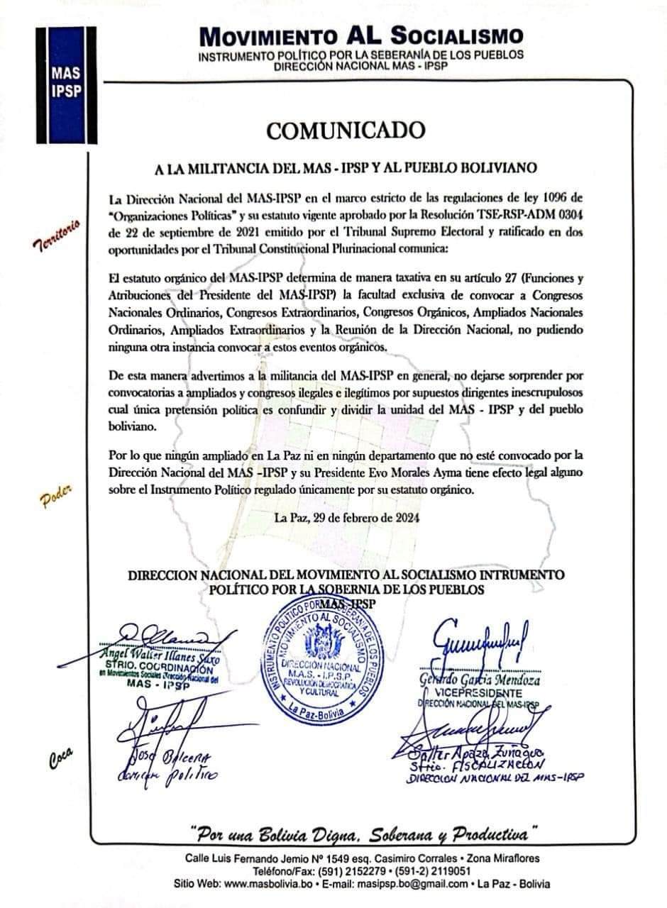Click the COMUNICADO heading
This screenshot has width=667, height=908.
point(346,131)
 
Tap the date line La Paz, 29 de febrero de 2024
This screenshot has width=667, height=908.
point(346,517)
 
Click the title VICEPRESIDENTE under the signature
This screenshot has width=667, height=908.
point(489,693)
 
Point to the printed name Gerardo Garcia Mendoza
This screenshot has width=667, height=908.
point(487,680)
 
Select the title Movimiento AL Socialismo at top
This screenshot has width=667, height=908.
point(362,35)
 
